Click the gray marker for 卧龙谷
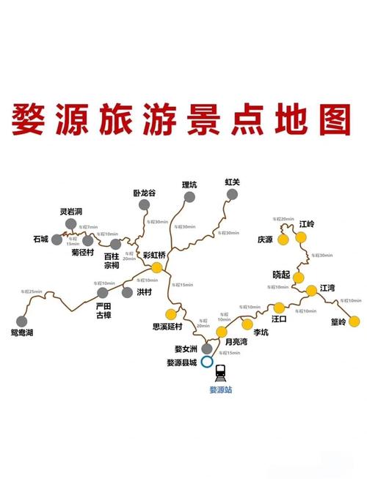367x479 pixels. [x=145, y=206]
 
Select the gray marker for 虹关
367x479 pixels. [x=233, y=194]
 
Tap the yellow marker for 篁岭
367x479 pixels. [x=355, y=320]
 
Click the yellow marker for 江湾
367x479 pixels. [x=312, y=290]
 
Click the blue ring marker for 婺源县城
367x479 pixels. [x=208, y=362]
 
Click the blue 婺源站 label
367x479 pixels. [x=220, y=390]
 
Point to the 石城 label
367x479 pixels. [x=40, y=239]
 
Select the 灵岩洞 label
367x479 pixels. [x=71, y=212]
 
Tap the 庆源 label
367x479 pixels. [x=265, y=239]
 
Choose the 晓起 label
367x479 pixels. [x=281, y=275]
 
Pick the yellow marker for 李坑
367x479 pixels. [x=247, y=324]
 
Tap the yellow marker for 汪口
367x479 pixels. [x=279, y=307]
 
